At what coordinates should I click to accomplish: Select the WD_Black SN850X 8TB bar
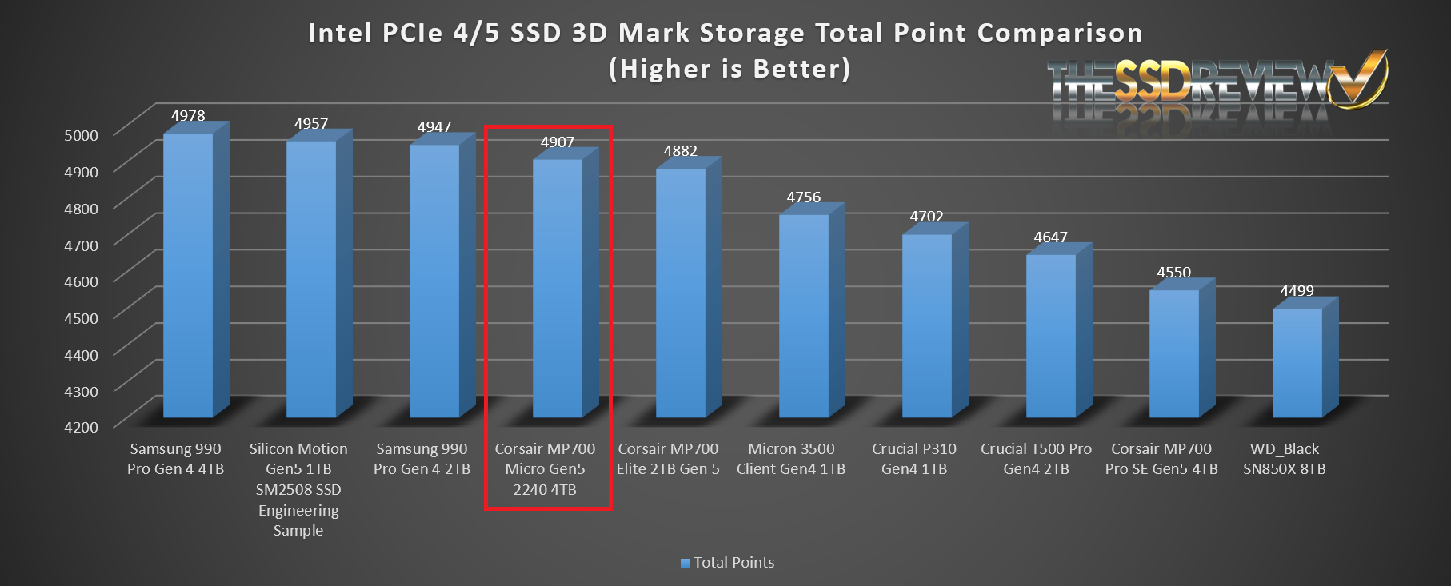click(x=1297, y=363)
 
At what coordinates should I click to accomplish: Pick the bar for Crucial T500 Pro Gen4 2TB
click(x=1051, y=336)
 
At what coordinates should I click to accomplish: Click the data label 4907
click(x=558, y=142)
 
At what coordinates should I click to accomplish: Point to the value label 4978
click(x=188, y=116)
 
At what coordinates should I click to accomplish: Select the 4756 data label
click(x=804, y=197)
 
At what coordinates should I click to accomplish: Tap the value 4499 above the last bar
click(x=1297, y=291)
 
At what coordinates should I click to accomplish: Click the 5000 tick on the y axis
click(x=81, y=135)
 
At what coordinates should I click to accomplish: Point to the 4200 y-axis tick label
click(x=81, y=427)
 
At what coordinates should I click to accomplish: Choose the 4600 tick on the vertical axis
click(x=81, y=281)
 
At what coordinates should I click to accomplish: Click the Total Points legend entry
click(x=727, y=563)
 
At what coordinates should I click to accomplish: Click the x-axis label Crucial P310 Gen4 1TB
click(x=914, y=459)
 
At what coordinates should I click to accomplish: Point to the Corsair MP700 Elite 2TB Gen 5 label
click(x=668, y=459)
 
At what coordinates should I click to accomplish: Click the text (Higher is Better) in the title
click(x=729, y=69)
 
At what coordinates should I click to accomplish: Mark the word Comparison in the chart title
click(x=1060, y=33)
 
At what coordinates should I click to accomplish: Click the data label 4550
click(x=1174, y=273)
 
